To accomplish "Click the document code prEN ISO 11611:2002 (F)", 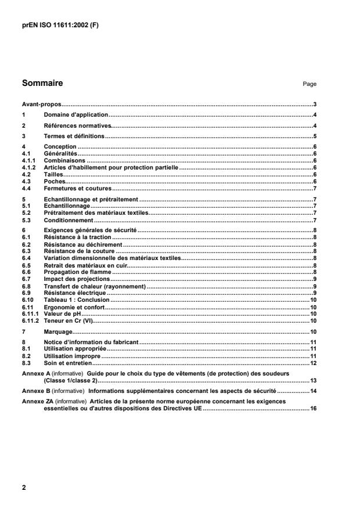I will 60,26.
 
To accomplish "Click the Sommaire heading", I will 42,83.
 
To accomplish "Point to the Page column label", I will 309,84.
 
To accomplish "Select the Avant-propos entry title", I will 41,104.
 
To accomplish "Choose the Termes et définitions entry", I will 74,136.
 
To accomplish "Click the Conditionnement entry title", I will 69,221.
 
